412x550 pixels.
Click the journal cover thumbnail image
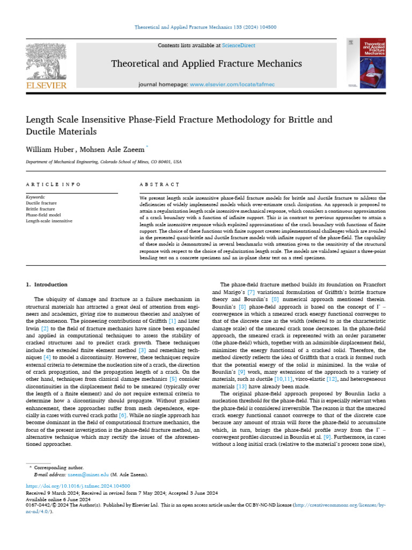click(x=370, y=63)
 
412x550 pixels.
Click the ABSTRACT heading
click(x=159, y=184)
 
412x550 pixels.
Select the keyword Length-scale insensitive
click(x=49, y=221)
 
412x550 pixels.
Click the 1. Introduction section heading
click(x=47, y=285)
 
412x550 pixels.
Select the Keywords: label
click(x=36, y=198)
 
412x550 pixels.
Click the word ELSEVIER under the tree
click(x=46, y=85)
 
